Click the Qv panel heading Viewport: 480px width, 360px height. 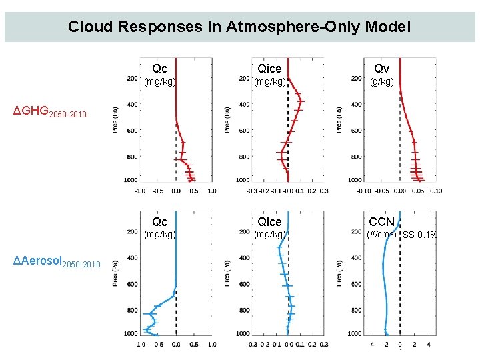[x=381, y=69]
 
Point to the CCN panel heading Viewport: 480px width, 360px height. [x=382, y=221]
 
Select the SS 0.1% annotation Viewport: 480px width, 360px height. [x=420, y=235]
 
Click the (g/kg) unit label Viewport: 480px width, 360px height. [x=382, y=82]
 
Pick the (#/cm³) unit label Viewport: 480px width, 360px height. [x=382, y=235]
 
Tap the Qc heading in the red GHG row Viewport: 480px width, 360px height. [x=160, y=69]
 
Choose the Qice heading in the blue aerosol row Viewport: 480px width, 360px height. [x=269, y=221]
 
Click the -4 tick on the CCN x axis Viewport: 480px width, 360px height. [x=371, y=345]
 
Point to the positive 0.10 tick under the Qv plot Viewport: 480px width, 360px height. [x=435, y=191]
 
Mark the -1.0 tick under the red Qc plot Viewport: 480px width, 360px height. [x=140, y=191]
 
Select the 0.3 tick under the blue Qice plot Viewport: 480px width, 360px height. [x=323, y=345]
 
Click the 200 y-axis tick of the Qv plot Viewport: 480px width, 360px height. [x=356, y=79]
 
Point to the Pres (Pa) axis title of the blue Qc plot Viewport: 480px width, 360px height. [x=115, y=273]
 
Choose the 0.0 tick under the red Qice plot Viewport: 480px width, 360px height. [x=287, y=191]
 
